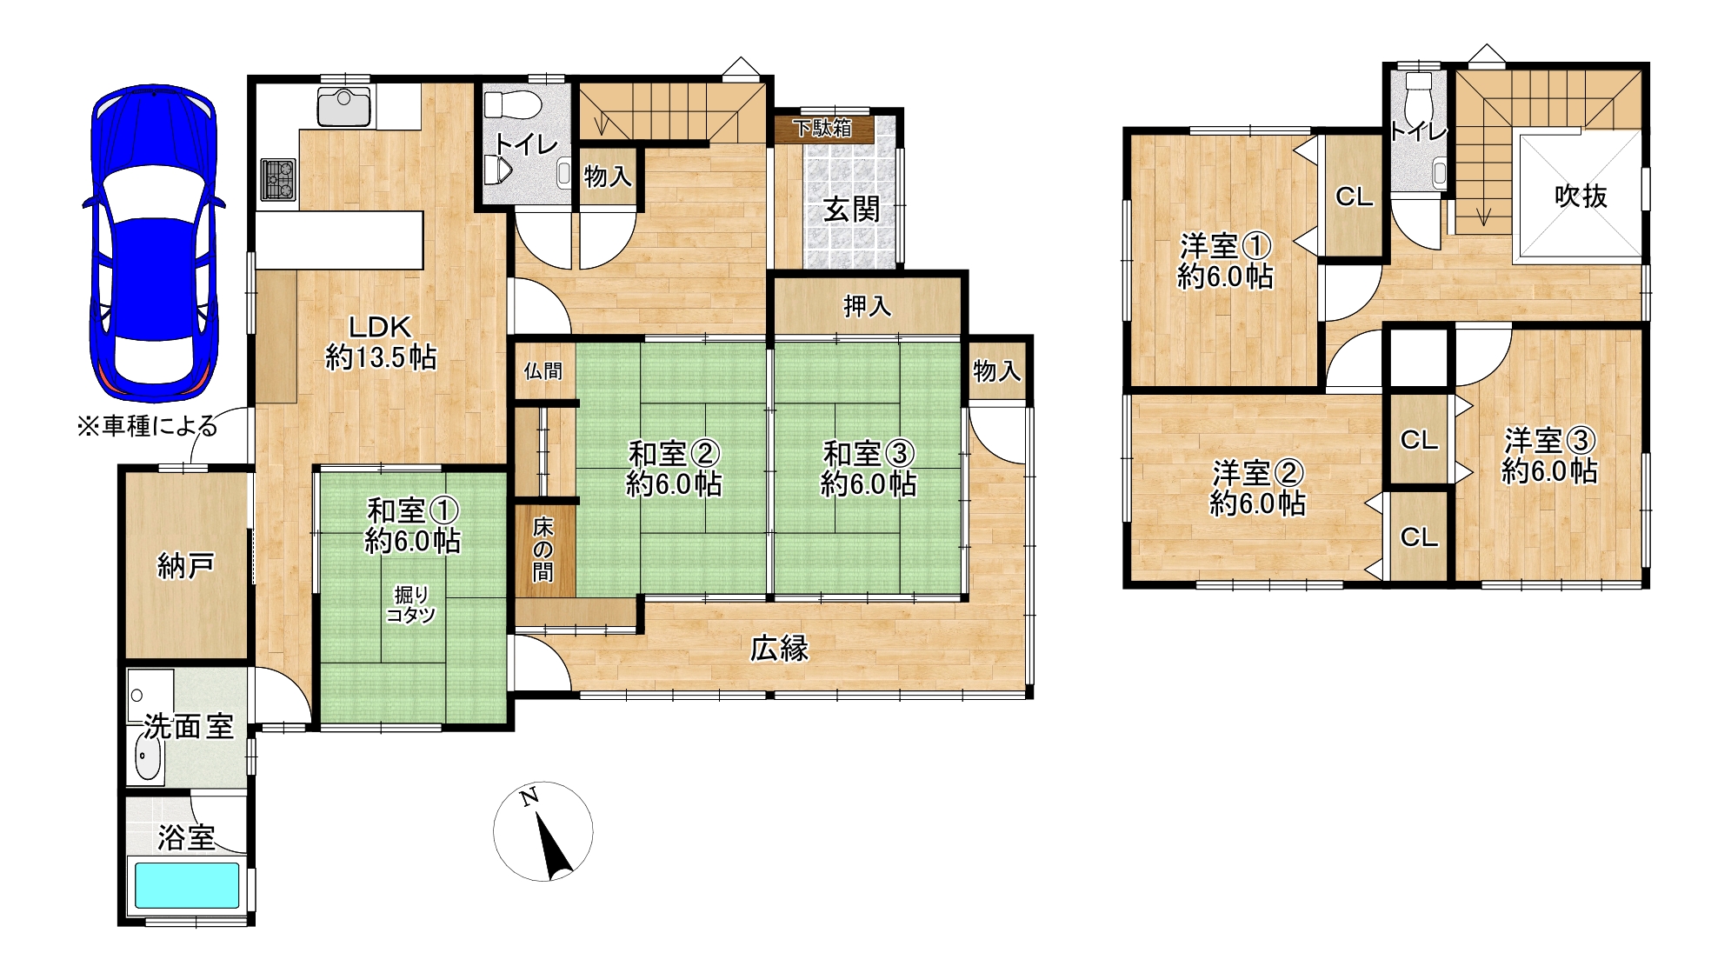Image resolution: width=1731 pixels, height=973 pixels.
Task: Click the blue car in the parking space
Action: click(154, 243)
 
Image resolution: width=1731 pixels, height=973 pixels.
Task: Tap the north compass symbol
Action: click(543, 831)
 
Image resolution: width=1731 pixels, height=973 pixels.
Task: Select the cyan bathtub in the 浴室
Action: click(187, 885)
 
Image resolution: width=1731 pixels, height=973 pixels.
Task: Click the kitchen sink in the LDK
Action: click(344, 107)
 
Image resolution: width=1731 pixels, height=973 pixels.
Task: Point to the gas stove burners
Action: click(279, 180)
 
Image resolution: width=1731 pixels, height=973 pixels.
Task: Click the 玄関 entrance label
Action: click(852, 210)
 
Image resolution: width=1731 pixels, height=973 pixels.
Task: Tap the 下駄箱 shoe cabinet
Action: click(823, 129)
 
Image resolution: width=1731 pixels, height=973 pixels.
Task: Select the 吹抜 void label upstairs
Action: click(1581, 197)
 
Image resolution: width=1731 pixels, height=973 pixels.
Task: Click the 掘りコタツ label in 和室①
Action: click(411, 605)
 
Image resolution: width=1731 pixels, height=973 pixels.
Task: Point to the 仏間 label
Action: click(543, 371)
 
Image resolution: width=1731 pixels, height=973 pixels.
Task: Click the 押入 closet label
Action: click(868, 306)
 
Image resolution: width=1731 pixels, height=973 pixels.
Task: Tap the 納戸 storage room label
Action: click(186, 566)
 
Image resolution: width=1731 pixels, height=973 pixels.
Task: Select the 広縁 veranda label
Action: click(780, 649)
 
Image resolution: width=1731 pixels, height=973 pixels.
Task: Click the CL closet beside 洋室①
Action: click(1354, 197)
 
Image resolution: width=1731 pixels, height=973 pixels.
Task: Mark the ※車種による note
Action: click(147, 426)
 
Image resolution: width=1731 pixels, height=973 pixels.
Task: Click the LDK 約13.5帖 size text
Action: click(381, 357)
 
